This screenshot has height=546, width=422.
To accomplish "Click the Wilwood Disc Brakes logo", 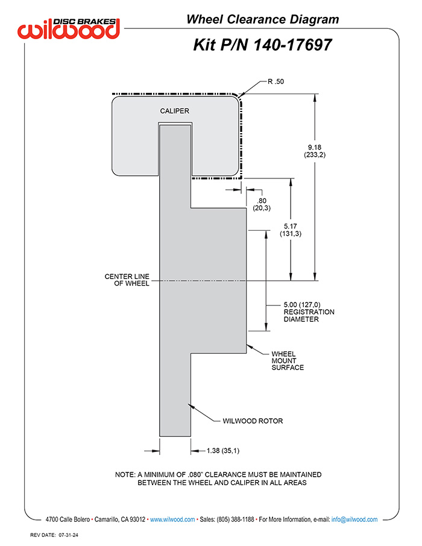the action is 69,28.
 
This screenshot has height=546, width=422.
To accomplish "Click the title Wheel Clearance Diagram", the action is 263,19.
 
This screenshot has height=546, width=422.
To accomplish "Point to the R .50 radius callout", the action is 276,81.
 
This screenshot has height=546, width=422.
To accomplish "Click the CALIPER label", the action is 175,111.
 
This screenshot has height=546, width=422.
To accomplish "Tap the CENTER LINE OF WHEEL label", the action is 127,280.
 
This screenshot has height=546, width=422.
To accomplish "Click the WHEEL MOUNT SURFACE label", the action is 288,361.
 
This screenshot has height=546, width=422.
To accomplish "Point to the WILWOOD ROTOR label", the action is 253,421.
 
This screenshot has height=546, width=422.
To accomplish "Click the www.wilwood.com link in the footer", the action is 172,519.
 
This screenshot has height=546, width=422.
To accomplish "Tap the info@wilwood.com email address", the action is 354,519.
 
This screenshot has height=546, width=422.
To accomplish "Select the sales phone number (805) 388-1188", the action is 235,519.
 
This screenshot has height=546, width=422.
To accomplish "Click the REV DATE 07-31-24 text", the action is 54,535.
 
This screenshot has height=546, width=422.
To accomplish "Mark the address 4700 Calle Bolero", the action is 68,519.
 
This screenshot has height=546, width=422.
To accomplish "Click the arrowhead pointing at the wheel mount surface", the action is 250,347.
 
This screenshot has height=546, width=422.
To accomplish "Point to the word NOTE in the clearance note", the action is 125,475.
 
